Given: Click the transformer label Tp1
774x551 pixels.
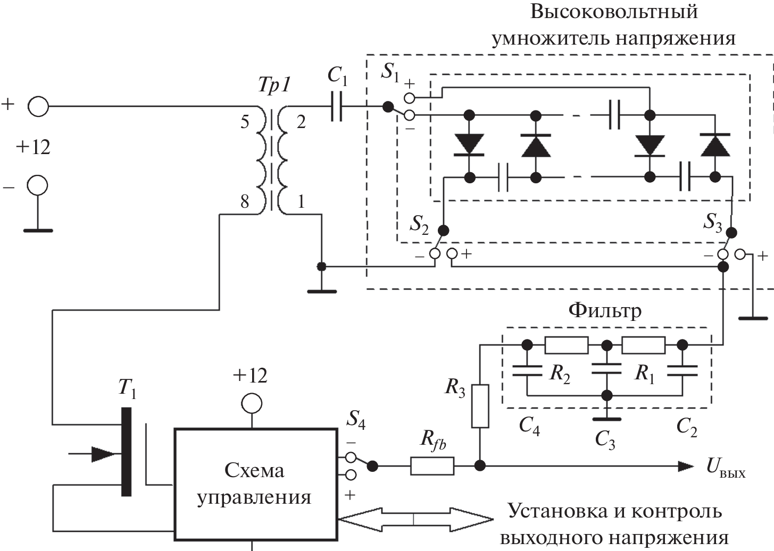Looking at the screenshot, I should (274, 86).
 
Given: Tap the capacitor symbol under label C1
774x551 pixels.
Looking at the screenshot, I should (336, 107).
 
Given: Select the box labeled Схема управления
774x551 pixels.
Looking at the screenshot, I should (255, 484).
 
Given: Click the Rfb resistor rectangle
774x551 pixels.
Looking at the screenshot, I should (432, 466).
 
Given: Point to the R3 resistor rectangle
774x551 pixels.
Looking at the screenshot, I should (480, 406).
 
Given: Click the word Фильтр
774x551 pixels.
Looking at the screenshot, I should (605, 310).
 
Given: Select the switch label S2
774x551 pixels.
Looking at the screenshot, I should (419, 225).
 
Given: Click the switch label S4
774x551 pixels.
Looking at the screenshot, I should (356, 419).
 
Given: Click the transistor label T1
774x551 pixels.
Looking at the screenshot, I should (127, 388).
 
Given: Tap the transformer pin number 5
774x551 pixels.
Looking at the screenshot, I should (245, 122).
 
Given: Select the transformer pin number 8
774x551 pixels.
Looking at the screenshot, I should (245, 202).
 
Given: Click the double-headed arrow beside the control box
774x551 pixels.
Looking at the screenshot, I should (415, 519).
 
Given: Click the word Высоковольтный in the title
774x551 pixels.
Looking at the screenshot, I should (614, 12).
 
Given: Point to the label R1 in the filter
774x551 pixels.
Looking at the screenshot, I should (645, 374).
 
